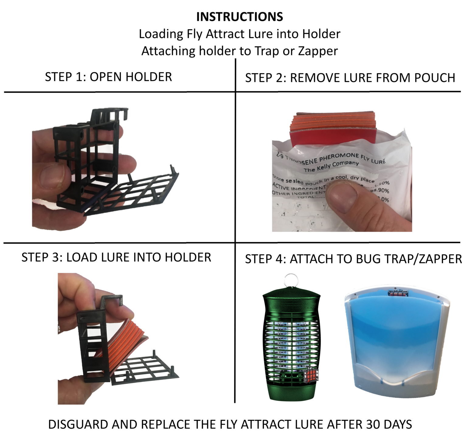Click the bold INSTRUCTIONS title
coord(240,17)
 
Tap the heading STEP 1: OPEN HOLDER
coord(108,77)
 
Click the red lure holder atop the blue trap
coord(398,293)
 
